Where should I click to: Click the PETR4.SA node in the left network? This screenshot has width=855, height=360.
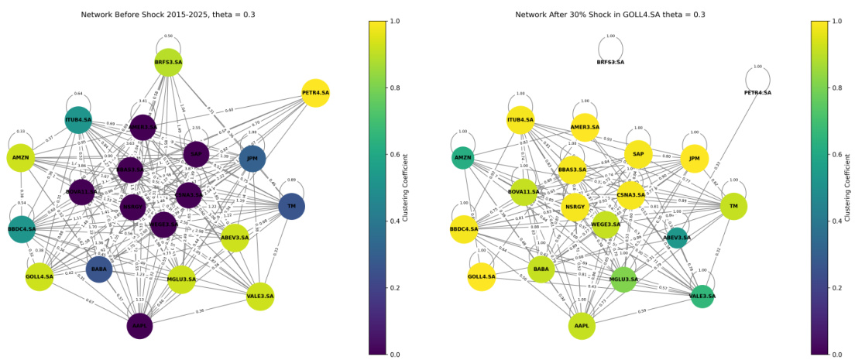click(314, 93)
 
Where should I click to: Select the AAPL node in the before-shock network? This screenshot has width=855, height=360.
click(139, 326)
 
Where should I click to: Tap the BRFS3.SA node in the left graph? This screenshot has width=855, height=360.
click(168, 62)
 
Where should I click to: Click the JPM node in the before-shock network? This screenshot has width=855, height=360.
click(252, 159)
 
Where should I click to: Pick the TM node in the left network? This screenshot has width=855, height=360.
click(291, 206)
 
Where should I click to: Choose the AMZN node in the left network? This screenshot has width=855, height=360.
click(21, 158)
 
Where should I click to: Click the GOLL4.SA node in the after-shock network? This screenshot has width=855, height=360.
click(481, 276)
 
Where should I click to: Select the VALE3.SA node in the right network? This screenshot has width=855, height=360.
click(702, 296)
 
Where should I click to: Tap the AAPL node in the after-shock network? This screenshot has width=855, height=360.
click(582, 326)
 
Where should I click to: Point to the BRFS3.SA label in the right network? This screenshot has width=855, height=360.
click(610, 62)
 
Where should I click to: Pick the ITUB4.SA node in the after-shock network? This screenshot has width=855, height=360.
click(520, 120)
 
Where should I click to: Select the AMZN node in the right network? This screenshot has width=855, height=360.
click(462, 158)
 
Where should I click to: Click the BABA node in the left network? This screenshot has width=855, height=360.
click(99, 269)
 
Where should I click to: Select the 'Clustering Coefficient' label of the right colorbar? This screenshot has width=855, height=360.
click(850, 187)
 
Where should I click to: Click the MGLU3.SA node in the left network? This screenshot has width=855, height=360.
click(181, 279)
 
